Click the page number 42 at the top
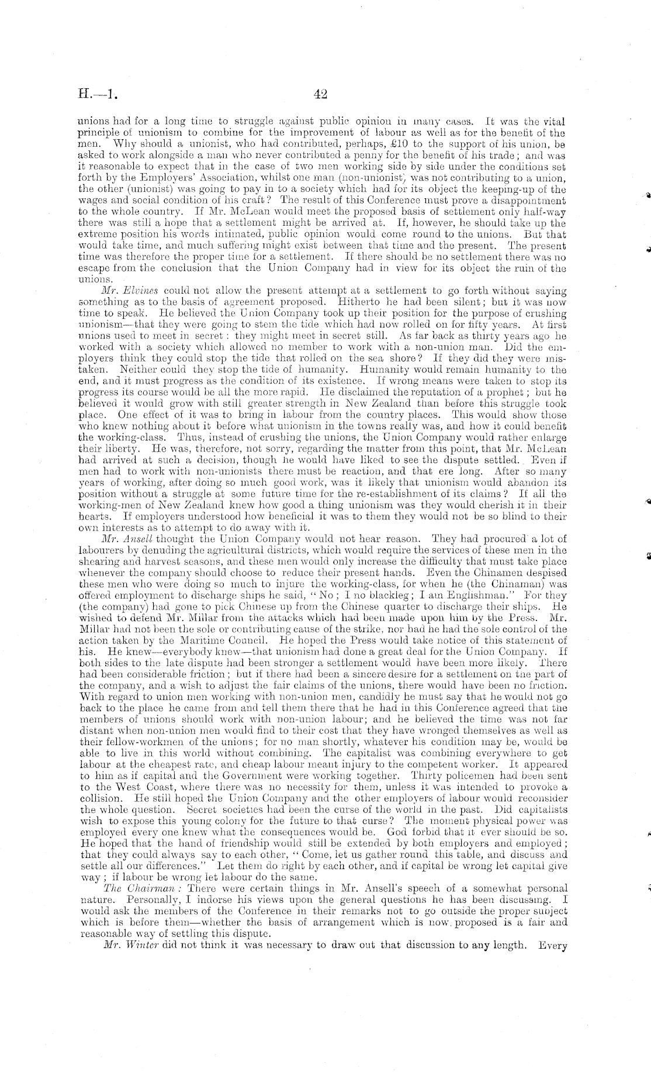tap(320, 94)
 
